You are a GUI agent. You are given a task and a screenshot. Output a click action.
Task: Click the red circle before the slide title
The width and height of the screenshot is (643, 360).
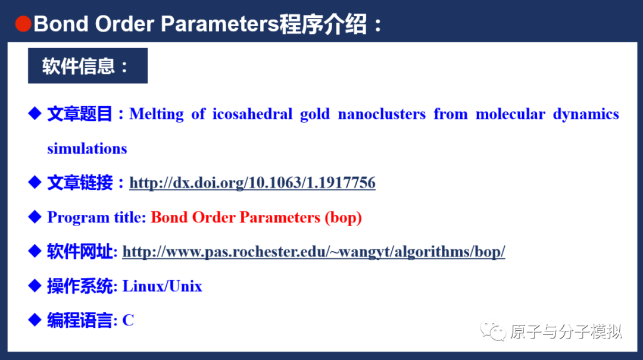coord(23,24)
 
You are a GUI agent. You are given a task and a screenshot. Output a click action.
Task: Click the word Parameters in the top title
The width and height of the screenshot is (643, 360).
coord(220,24)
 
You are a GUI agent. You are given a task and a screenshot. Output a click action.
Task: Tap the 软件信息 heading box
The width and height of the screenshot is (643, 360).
coord(88,65)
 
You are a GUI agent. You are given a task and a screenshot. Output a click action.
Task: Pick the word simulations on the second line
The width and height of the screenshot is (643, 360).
coord(87,149)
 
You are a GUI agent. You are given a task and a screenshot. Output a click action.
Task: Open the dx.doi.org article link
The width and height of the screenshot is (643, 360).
coord(252,183)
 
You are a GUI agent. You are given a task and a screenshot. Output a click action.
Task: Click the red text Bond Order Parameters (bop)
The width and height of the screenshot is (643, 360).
coord(256,217)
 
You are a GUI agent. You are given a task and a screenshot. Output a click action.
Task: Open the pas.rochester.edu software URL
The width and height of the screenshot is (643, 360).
coord(314,252)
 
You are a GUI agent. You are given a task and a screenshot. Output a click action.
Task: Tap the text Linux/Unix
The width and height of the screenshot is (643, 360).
coord(162,286)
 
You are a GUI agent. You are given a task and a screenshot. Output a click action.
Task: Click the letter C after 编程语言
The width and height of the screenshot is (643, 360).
coord(128,321)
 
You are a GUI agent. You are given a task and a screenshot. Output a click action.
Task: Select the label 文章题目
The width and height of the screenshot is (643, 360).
coord(80,114)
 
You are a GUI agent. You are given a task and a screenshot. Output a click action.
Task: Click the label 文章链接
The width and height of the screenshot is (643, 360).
coord(80,183)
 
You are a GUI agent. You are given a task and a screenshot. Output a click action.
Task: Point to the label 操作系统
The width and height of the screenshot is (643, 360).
coord(80,286)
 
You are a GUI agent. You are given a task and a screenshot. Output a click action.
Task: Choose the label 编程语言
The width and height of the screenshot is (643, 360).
coord(80,321)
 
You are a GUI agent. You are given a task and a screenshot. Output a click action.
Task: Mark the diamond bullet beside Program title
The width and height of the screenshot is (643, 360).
coord(34,217)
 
